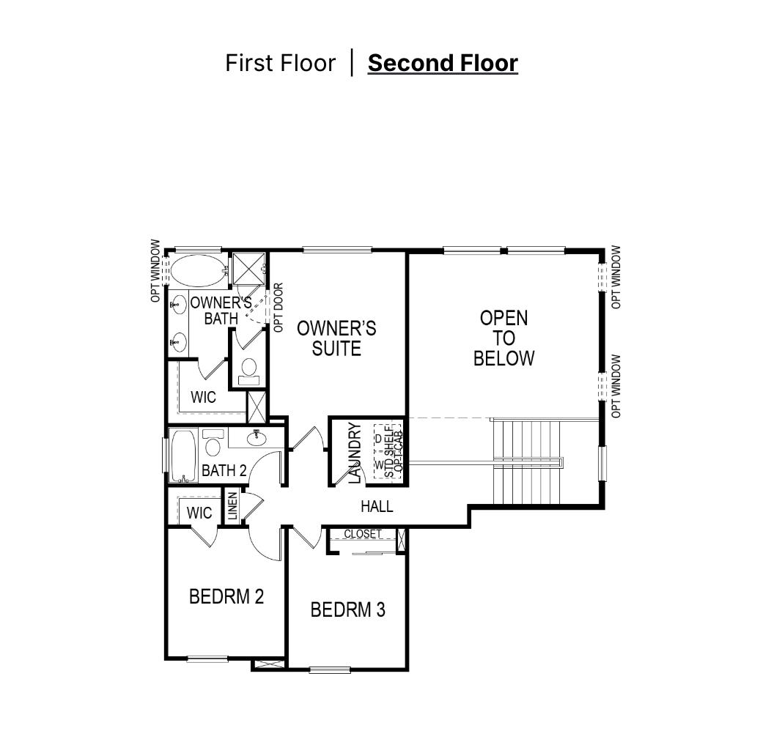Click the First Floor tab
pyautogui.click(x=279, y=63)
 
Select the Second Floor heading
pyautogui.click(x=443, y=63)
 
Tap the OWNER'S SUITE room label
pyautogui.click(x=336, y=338)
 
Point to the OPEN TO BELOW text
pyautogui.click(x=504, y=338)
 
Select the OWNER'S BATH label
pyautogui.click(x=221, y=310)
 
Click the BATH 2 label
pyautogui.click(x=224, y=470)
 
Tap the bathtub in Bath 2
pyautogui.click(x=183, y=456)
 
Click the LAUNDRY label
pyautogui.click(x=355, y=453)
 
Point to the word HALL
pyautogui.click(x=377, y=506)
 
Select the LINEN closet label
pyautogui.click(x=232, y=507)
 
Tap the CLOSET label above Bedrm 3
pyautogui.click(x=363, y=534)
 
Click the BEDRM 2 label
pyautogui.click(x=226, y=596)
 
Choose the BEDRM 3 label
pyautogui.click(x=347, y=609)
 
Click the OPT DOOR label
pyautogui.click(x=278, y=308)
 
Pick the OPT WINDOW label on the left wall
pyautogui.click(x=155, y=271)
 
